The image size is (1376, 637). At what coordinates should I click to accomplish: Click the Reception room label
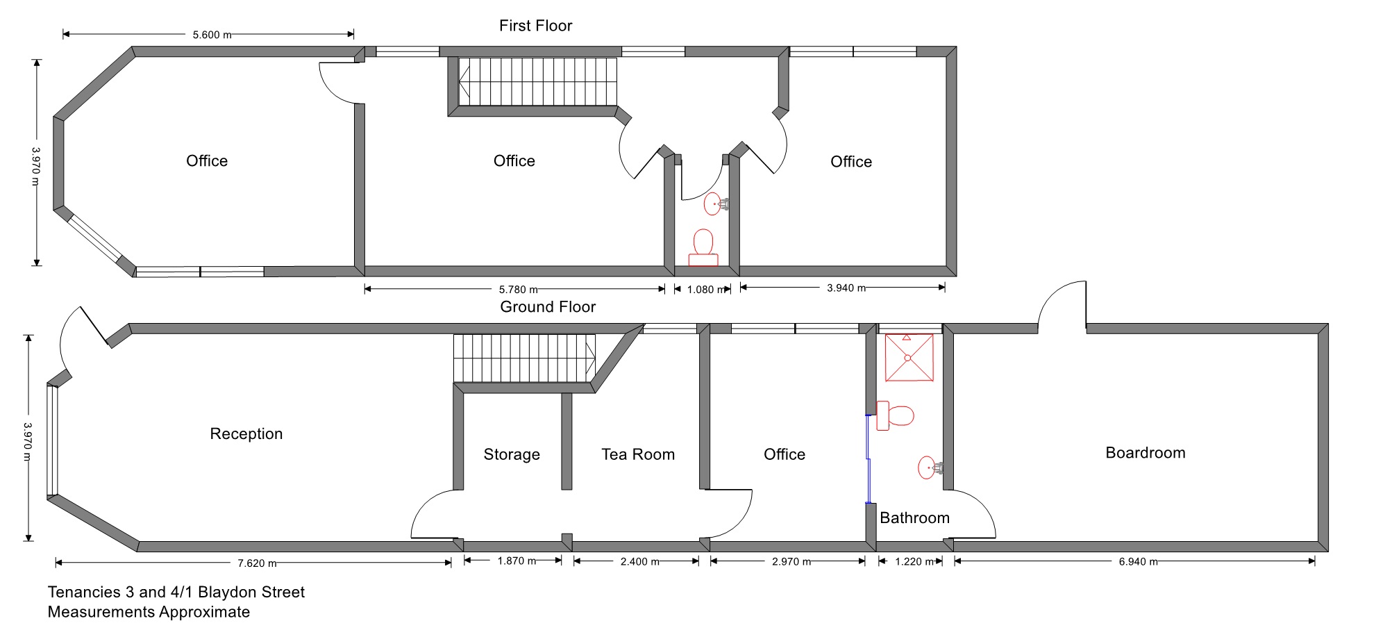tap(246, 434)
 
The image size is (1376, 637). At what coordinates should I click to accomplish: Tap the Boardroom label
tap(1146, 453)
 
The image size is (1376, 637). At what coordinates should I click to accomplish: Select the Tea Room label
tap(638, 454)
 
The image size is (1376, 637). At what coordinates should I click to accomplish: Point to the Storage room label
tap(512, 455)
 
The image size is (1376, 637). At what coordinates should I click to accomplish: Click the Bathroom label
tap(914, 518)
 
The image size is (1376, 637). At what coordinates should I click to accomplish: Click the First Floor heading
tap(536, 26)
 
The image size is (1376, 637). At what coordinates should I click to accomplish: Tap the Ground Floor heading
tap(548, 307)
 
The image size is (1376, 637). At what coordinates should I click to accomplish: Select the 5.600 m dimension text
tap(212, 35)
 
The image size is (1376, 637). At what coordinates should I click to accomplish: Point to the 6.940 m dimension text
tap(1138, 562)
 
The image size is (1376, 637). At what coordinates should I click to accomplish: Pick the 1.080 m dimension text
tap(706, 290)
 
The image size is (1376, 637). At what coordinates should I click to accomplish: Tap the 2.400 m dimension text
tap(639, 562)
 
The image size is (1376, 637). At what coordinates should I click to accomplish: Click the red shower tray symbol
tap(909, 358)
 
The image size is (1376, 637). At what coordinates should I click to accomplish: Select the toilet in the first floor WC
tap(703, 248)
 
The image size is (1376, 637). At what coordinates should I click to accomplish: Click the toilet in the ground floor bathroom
tap(895, 415)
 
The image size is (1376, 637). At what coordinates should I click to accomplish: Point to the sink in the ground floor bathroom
tap(930, 468)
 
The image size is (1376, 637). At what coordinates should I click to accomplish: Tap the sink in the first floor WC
tap(716, 204)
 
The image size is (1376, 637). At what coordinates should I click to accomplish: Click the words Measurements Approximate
tap(149, 612)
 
